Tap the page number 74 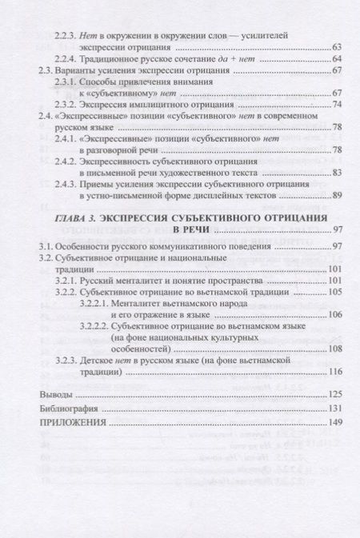click(x=336, y=105)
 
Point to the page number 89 click(x=336, y=195)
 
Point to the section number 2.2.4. click(x=67, y=60)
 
